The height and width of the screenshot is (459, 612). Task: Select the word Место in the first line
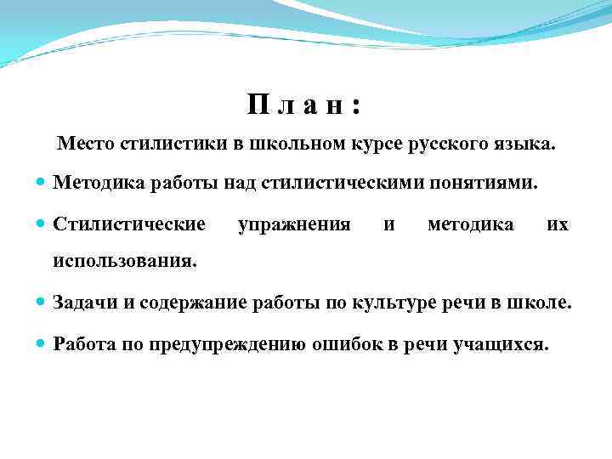[86, 144]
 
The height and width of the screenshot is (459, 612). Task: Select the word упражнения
[294, 224]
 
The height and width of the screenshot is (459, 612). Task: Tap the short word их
[558, 224]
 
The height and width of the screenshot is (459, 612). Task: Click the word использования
[124, 260]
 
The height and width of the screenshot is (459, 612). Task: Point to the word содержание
[190, 303]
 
